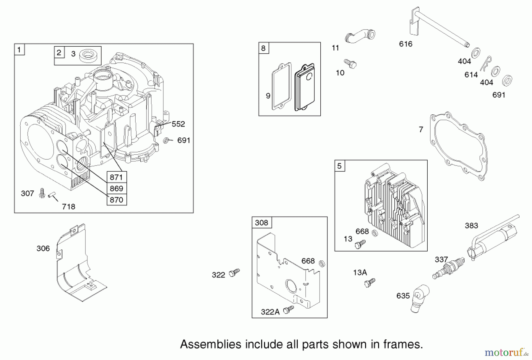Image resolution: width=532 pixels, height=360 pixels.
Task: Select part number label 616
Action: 406,44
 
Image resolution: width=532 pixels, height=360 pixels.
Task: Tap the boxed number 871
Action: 116,177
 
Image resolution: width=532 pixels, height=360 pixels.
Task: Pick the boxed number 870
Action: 116,200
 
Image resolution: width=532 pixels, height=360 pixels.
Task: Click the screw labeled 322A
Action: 288,310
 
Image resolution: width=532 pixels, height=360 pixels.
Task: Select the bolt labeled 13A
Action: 369,283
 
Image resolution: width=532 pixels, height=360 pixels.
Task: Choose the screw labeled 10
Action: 351,64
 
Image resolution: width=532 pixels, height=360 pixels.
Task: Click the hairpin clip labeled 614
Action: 486,63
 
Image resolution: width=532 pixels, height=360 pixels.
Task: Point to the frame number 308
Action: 261,223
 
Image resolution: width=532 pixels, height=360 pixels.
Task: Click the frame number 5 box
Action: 339,166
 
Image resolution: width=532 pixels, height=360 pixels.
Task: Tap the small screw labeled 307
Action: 42,193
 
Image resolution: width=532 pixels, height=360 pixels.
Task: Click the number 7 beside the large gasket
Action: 421,129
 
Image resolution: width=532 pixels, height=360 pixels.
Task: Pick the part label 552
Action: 178,124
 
